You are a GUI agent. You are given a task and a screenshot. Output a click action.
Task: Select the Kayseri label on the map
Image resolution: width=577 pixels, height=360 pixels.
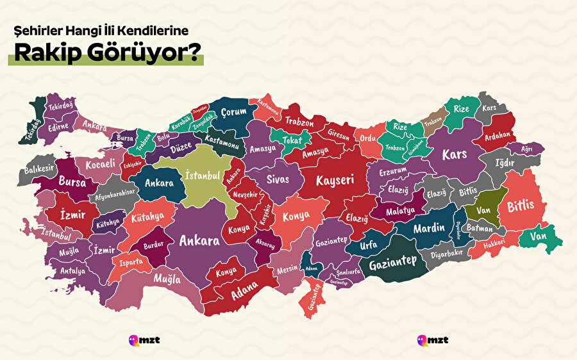335,181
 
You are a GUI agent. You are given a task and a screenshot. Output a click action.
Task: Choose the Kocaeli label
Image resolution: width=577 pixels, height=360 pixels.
101,164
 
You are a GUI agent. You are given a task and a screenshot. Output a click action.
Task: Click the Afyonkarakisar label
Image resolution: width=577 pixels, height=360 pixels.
116,192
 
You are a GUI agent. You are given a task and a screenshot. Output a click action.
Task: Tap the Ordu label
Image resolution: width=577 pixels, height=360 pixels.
367,138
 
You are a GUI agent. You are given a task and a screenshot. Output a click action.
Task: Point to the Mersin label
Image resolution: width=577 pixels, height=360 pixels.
287,270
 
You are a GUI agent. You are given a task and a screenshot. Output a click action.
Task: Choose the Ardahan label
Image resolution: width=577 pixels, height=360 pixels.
498,135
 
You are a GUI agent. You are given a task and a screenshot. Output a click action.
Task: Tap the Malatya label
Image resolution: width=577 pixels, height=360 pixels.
401,211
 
